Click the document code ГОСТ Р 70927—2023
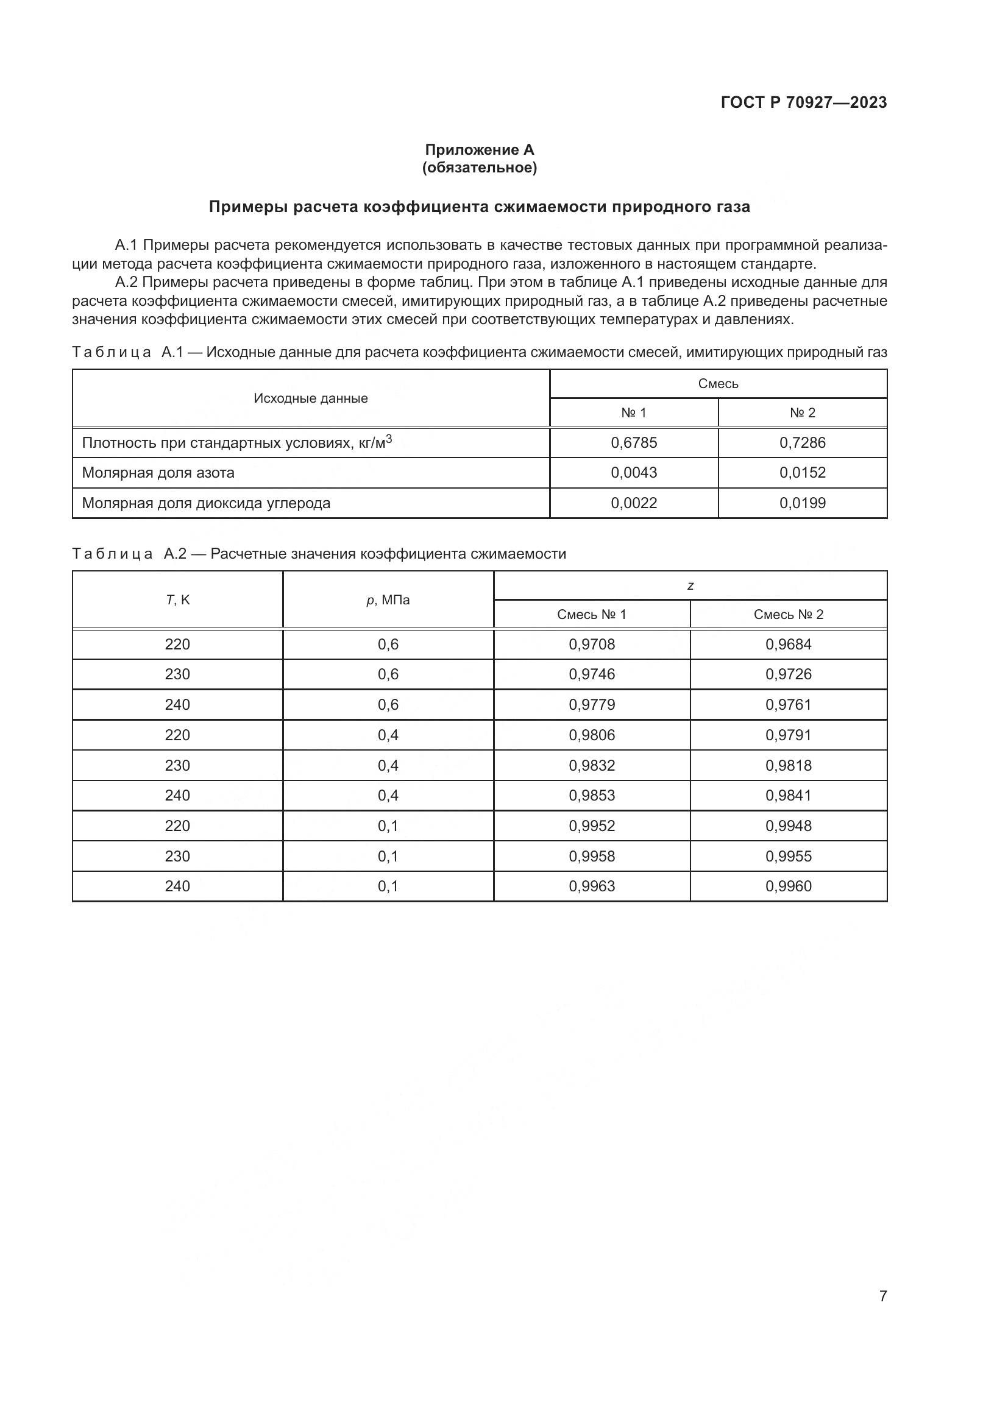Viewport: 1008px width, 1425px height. [803, 102]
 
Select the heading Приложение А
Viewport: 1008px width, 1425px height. [479, 150]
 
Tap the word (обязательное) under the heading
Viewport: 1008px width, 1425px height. [479, 168]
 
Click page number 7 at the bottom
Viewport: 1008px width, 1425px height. [882, 1296]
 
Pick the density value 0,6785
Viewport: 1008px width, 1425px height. [634, 442]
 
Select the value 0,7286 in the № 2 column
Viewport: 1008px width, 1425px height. [802, 442]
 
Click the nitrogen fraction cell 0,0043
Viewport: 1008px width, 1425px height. [634, 472]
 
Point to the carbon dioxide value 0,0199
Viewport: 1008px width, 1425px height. [802, 503]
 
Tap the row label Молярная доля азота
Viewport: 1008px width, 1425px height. [158, 472]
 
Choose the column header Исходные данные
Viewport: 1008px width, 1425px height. [310, 398]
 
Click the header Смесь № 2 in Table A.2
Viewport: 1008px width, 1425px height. [787, 615]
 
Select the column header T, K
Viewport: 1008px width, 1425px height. [177, 600]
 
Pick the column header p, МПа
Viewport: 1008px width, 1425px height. [388, 600]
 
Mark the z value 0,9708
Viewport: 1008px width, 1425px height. [592, 644]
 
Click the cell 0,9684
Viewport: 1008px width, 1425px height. [787, 644]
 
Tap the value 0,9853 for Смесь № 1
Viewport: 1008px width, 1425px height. [592, 795]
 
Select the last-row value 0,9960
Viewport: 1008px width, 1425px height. [787, 886]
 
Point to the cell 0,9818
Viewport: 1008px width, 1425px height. [787, 765]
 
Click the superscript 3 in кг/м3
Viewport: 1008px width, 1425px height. [389, 438]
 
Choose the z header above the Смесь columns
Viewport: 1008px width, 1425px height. [690, 585]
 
